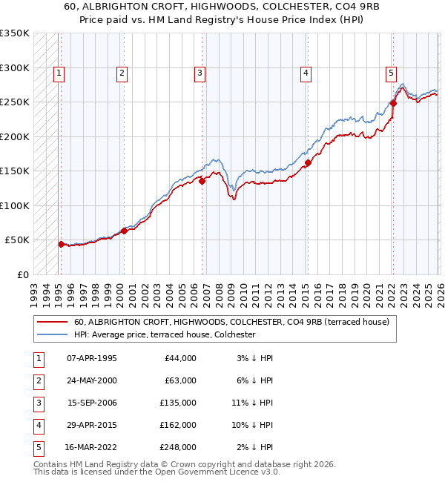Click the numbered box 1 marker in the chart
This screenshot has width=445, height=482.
coord(58,73)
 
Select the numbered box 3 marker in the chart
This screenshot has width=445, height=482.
coord(200,73)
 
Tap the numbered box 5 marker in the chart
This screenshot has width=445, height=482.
coord(390,73)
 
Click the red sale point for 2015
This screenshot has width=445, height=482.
coord(308,163)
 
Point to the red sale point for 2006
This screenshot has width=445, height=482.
coord(202,180)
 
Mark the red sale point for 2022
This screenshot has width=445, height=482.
coord(393,104)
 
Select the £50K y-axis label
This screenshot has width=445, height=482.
coord(17,240)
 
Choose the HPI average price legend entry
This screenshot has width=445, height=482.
coord(164,334)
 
